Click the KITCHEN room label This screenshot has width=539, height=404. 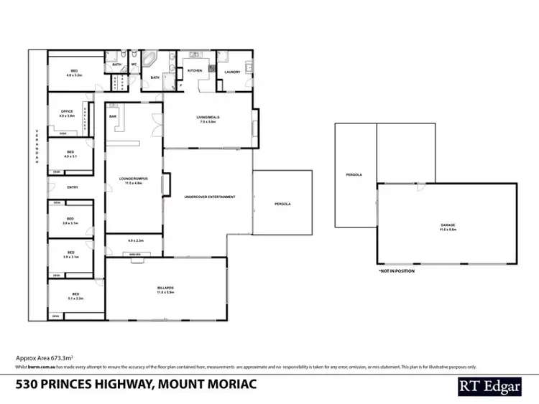click(x=195, y=71)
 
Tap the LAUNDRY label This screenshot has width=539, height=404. click(x=231, y=72)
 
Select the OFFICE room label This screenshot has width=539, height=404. click(x=66, y=111)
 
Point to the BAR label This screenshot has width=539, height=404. click(x=113, y=116)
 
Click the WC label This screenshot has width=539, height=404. click(x=134, y=65)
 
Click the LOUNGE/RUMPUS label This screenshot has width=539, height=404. click(x=134, y=180)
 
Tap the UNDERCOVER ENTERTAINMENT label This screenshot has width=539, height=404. click(x=210, y=197)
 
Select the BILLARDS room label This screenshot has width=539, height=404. click(x=166, y=287)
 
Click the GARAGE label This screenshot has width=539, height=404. click(x=448, y=225)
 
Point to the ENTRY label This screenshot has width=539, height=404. click(x=73, y=187)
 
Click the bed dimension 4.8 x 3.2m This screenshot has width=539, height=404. click(x=75, y=74)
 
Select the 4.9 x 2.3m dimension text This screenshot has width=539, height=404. click(x=136, y=240)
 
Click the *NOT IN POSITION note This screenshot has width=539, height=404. click(x=396, y=271)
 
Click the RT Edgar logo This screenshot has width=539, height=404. click(x=491, y=385)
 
